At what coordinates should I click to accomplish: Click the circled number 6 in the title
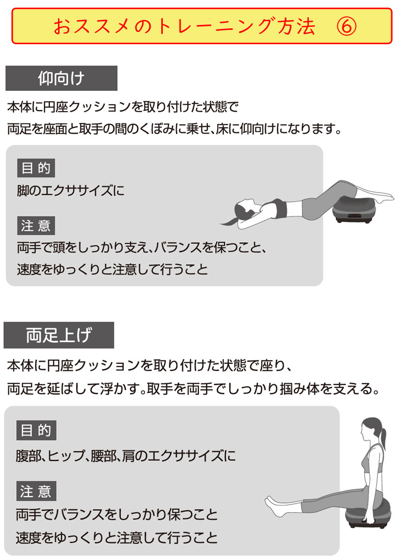pos(346,26)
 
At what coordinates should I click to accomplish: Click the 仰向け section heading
pos(62,78)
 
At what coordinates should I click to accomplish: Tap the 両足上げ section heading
pos(59,335)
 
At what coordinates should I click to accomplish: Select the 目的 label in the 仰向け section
pos(36,168)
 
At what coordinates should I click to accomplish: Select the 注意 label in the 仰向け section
pos(36,225)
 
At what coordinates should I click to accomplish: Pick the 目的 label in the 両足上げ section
pos(36,430)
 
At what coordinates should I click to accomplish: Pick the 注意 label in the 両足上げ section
pos(36,491)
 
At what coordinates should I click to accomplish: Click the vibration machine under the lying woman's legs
pos(354,211)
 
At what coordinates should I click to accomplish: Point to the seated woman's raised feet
pos(274,504)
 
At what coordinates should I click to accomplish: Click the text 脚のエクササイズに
pos(71,191)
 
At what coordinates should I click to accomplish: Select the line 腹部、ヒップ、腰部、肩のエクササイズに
pos(126,456)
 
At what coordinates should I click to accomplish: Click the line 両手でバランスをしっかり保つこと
pos(117,514)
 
